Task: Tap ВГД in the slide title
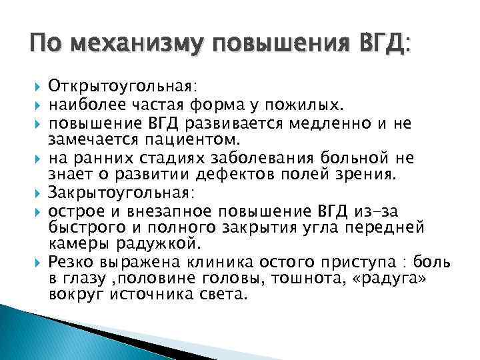[379, 45]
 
